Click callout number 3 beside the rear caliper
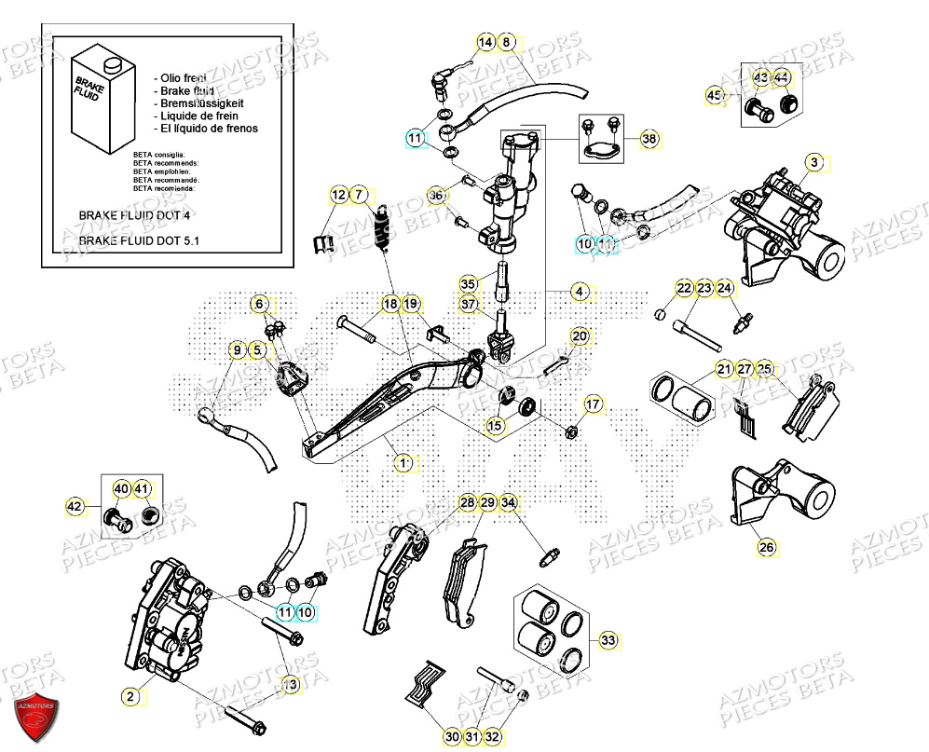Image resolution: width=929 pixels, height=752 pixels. click(814, 163)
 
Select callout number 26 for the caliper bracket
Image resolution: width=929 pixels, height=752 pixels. click(766, 547)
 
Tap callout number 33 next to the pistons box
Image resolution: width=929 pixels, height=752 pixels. click(608, 641)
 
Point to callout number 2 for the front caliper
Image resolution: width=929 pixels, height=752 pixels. click(131, 695)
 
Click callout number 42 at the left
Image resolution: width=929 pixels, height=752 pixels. click(75, 507)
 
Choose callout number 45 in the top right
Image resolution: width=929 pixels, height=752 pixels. click(715, 96)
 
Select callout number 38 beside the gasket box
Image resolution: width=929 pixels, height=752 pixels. click(649, 139)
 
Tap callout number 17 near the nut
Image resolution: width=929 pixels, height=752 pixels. click(593, 403)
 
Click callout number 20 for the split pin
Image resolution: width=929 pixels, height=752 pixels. click(579, 336)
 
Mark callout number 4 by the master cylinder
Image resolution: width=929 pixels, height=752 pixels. click(580, 292)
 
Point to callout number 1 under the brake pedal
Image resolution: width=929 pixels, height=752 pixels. click(404, 462)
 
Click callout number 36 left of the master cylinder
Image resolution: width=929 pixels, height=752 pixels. click(436, 196)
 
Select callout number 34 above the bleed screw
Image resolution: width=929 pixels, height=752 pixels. click(508, 503)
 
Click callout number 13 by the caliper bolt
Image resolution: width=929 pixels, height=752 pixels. click(291, 685)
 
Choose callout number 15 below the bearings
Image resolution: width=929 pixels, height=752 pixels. click(494, 426)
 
